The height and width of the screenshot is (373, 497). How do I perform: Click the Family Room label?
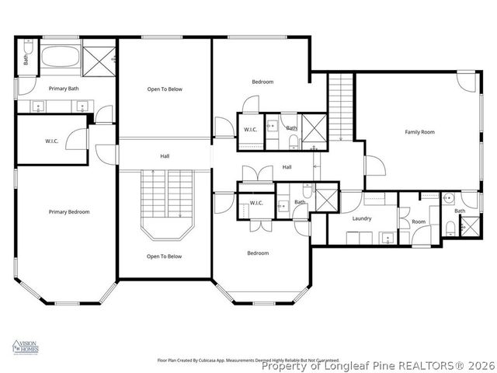click(x=419, y=132)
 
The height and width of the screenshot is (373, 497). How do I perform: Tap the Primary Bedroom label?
click(x=69, y=212)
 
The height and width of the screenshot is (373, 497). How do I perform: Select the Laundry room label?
click(x=362, y=218)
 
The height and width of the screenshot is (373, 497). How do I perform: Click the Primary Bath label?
click(x=64, y=89)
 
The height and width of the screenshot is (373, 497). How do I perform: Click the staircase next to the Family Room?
click(x=340, y=106)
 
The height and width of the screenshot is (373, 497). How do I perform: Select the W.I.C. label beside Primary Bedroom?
click(x=53, y=141)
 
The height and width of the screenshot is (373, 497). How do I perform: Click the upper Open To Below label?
click(x=165, y=89)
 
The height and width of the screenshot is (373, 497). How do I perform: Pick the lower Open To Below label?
click(x=165, y=256)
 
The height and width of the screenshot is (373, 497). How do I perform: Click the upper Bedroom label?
click(x=262, y=82)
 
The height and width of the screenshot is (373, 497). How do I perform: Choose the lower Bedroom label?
click(x=258, y=253)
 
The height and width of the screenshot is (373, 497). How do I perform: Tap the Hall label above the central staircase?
click(x=165, y=156)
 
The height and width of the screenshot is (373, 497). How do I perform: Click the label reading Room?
click(x=419, y=221)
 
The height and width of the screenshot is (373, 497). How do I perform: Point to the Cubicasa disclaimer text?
click(x=248, y=361)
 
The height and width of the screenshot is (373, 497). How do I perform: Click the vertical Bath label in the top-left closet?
click(x=26, y=58)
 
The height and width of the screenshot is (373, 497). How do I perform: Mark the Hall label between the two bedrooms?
click(x=287, y=167)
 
